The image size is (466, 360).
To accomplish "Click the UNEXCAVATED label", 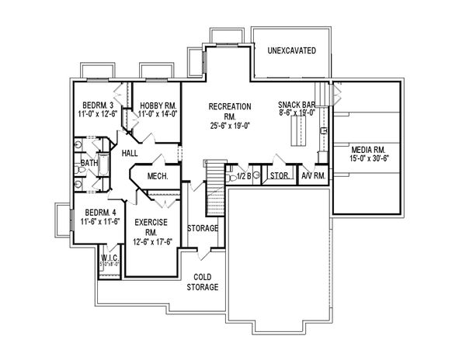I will pos(290,50).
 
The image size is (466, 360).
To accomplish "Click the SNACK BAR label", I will pos(297,103).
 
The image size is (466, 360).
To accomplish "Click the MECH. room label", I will pos(158,175).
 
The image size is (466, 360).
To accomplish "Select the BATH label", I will pos(89,164).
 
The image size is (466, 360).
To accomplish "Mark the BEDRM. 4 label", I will pos(101,213).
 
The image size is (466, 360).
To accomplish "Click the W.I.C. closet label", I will pos(109,257).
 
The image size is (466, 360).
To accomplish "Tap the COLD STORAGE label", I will pos(201,282).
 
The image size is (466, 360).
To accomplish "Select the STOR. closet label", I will pos(280,176).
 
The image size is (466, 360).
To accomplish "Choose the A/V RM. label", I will pos(314,176).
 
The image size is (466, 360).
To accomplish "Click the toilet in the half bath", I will pos(232,177).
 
